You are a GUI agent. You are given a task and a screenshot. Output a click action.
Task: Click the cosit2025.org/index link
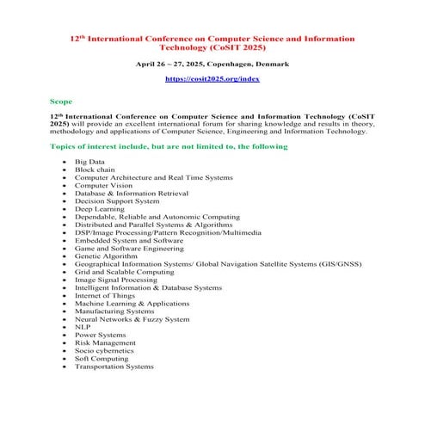pos(212,79)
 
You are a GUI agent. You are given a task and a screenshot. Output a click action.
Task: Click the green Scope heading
pos(61,101)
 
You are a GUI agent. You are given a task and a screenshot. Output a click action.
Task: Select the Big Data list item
pos(89,161)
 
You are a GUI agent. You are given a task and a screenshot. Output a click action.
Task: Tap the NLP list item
pos(83,327)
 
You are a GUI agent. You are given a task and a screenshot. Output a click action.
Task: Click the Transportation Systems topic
pos(114,366)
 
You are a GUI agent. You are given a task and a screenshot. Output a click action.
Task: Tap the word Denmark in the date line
pos(271,64)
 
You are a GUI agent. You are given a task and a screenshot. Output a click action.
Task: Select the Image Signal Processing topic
pos(116,280)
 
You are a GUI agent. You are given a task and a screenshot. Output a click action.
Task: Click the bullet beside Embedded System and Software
pos(64,240)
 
